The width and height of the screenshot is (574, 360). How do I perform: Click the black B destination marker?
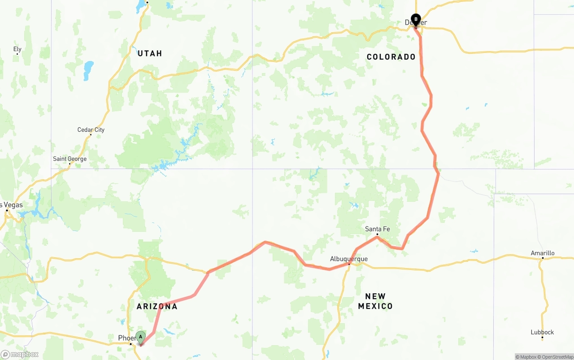416,20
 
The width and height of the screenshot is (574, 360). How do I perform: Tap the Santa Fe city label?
377,229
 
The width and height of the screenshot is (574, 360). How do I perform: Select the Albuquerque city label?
348,259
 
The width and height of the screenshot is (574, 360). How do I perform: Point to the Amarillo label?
543,253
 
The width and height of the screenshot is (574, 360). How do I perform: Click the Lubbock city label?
542,332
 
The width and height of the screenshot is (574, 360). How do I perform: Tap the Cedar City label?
91,130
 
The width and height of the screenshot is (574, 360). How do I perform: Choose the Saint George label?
70,159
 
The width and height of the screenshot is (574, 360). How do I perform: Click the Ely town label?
17,49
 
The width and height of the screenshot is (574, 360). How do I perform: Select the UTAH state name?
150,53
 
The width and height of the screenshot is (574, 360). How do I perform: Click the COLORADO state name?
391,57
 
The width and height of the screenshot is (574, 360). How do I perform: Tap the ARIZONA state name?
157,307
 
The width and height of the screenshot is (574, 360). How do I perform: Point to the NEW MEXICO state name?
375,301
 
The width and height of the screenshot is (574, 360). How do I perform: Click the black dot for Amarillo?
543,258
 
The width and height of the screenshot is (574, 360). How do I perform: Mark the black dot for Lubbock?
542,338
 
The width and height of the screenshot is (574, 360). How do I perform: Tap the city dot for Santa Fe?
377,234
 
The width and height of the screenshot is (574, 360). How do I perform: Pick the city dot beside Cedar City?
91,135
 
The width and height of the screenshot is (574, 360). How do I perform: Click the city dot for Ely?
17,54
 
